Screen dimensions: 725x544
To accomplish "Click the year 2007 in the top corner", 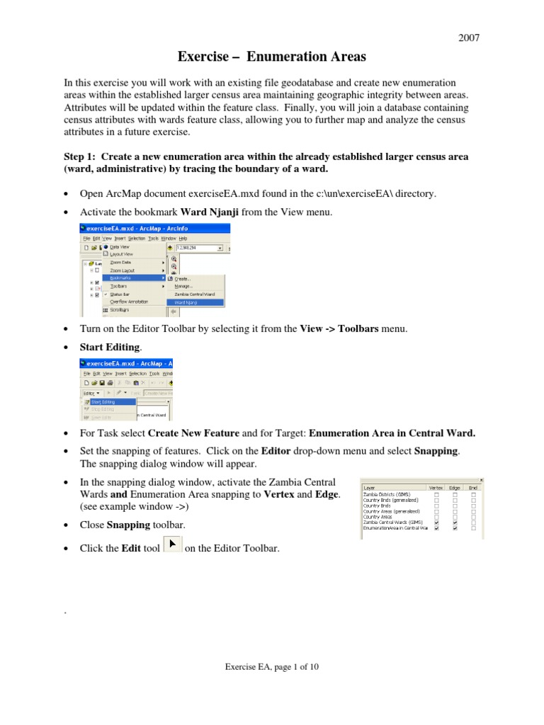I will (469, 38).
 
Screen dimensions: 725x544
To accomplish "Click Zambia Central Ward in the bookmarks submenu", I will (195, 294).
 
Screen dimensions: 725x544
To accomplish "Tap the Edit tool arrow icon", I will (173, 546).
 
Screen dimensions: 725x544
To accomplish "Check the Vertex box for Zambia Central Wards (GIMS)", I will (436, 523).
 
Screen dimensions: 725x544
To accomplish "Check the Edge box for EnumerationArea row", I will (455, 528).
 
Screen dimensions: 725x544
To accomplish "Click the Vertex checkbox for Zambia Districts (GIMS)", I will (436, 494).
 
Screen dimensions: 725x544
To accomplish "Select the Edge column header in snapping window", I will (455, 487).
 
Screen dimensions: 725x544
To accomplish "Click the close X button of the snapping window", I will (481, 479).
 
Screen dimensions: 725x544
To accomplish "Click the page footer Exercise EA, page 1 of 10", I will (272, 666).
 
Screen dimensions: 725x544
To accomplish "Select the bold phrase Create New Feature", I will (190, 433).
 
